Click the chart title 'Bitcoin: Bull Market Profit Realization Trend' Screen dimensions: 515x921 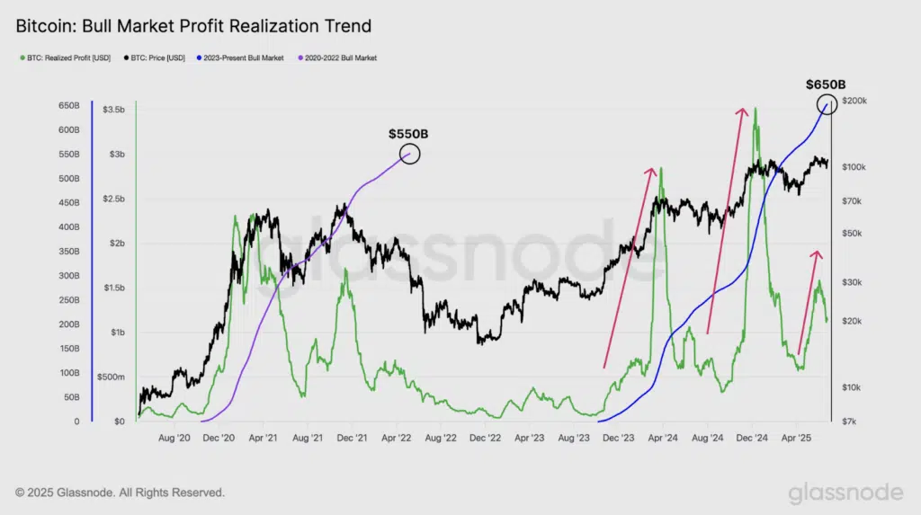pos(193,26)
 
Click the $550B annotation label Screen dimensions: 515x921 pos(408,134)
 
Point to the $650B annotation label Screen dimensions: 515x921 pos(826,84)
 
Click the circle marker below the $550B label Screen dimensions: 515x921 pos(409,154)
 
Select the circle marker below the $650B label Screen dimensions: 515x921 pos(827,104)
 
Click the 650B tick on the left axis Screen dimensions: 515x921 pos(70,106)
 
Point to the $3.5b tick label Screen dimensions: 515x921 pos(114,109)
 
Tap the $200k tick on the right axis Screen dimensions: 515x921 pos(853,101)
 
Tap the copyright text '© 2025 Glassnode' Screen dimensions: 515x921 pos(120,493)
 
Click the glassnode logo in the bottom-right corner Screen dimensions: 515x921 pos(845,493)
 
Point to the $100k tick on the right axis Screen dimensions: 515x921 pos(853,167)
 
